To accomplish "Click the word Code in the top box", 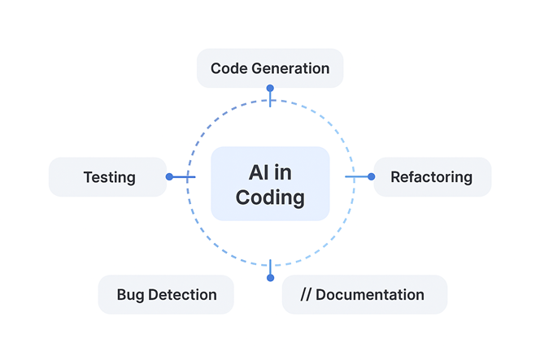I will click(228, 68).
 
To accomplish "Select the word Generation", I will click(290, 68).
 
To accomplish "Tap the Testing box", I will click(108, 177).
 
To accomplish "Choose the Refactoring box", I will click(432, 177).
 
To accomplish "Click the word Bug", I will click(131, 295).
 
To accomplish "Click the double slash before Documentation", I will click(306, 295).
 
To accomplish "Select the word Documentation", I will click(370, 295).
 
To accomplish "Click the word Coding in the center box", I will click(270, 197).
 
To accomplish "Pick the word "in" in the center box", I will click(284, 172).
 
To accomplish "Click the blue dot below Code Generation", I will click(270, 88).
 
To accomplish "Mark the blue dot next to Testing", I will click(169, 176).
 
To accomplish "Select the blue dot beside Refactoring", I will click(371, 176).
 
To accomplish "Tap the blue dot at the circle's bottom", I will click(270, 278).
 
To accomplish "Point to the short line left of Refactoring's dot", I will click(357, 176).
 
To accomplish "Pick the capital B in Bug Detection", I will click(122, 295).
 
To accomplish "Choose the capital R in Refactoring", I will click(395, 177).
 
